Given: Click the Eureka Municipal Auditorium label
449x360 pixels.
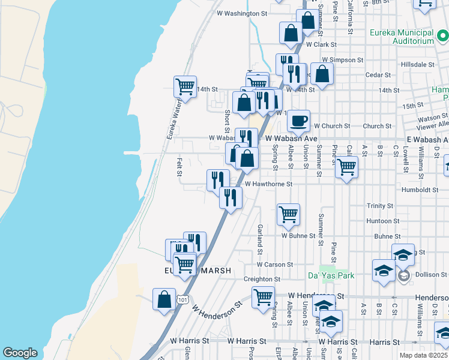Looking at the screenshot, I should (402, 36).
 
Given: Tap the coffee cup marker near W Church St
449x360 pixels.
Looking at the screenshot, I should (298, 121).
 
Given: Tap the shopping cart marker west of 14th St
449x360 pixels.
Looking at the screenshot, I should (185, 86).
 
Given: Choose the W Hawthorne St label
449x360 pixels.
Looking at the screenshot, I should (268, 184).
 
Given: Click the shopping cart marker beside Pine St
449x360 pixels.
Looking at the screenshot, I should (347, 167).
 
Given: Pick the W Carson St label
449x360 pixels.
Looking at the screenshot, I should (274, 264).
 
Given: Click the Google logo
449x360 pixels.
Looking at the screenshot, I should (20, 353).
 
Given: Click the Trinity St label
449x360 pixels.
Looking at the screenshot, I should (379, 206).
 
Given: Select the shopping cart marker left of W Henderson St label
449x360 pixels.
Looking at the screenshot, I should (263, 297).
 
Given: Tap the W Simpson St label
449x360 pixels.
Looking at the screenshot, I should (342, 60).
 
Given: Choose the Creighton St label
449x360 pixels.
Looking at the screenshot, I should (262, 279).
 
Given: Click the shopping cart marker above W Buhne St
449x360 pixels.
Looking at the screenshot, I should (288, 214).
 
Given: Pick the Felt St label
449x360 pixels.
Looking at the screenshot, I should (179, 167).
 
